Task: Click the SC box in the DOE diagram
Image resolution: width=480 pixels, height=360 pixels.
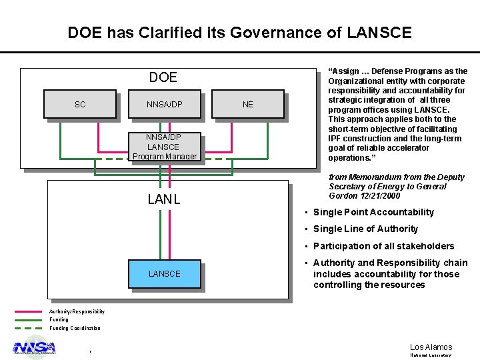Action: click(80, 105)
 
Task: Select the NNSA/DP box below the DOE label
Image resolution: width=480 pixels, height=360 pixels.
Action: click(164, 105)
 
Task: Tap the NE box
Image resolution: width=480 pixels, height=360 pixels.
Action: click(248, 105)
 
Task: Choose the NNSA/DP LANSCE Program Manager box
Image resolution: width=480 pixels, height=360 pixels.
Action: click(164, 147)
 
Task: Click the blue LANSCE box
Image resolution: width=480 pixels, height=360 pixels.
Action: click(164, 273)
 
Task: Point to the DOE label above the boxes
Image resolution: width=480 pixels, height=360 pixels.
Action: click(163, 77)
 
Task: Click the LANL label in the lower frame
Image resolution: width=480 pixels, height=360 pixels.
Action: click(164, 199)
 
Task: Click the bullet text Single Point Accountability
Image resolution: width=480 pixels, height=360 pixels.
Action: click(373, 212)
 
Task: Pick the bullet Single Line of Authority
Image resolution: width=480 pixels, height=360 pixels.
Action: click(365, 229)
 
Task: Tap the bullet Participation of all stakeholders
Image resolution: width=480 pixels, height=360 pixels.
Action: click(383, 246)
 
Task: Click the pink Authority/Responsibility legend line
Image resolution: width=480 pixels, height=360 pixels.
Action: click(27, 311)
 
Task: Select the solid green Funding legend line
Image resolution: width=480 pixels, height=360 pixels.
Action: click(27, 319)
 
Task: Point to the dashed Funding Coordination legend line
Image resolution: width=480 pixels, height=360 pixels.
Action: click(27, 328)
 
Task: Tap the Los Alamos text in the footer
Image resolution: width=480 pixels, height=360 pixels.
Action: click(431, 347)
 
